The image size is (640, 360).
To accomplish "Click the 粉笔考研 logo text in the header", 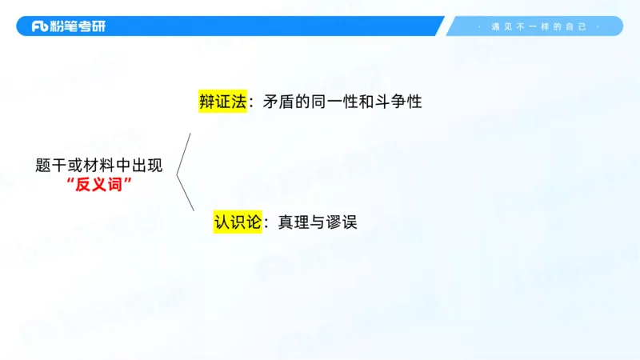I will pos(79,26).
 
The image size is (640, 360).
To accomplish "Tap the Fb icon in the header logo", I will pos(42,26).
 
